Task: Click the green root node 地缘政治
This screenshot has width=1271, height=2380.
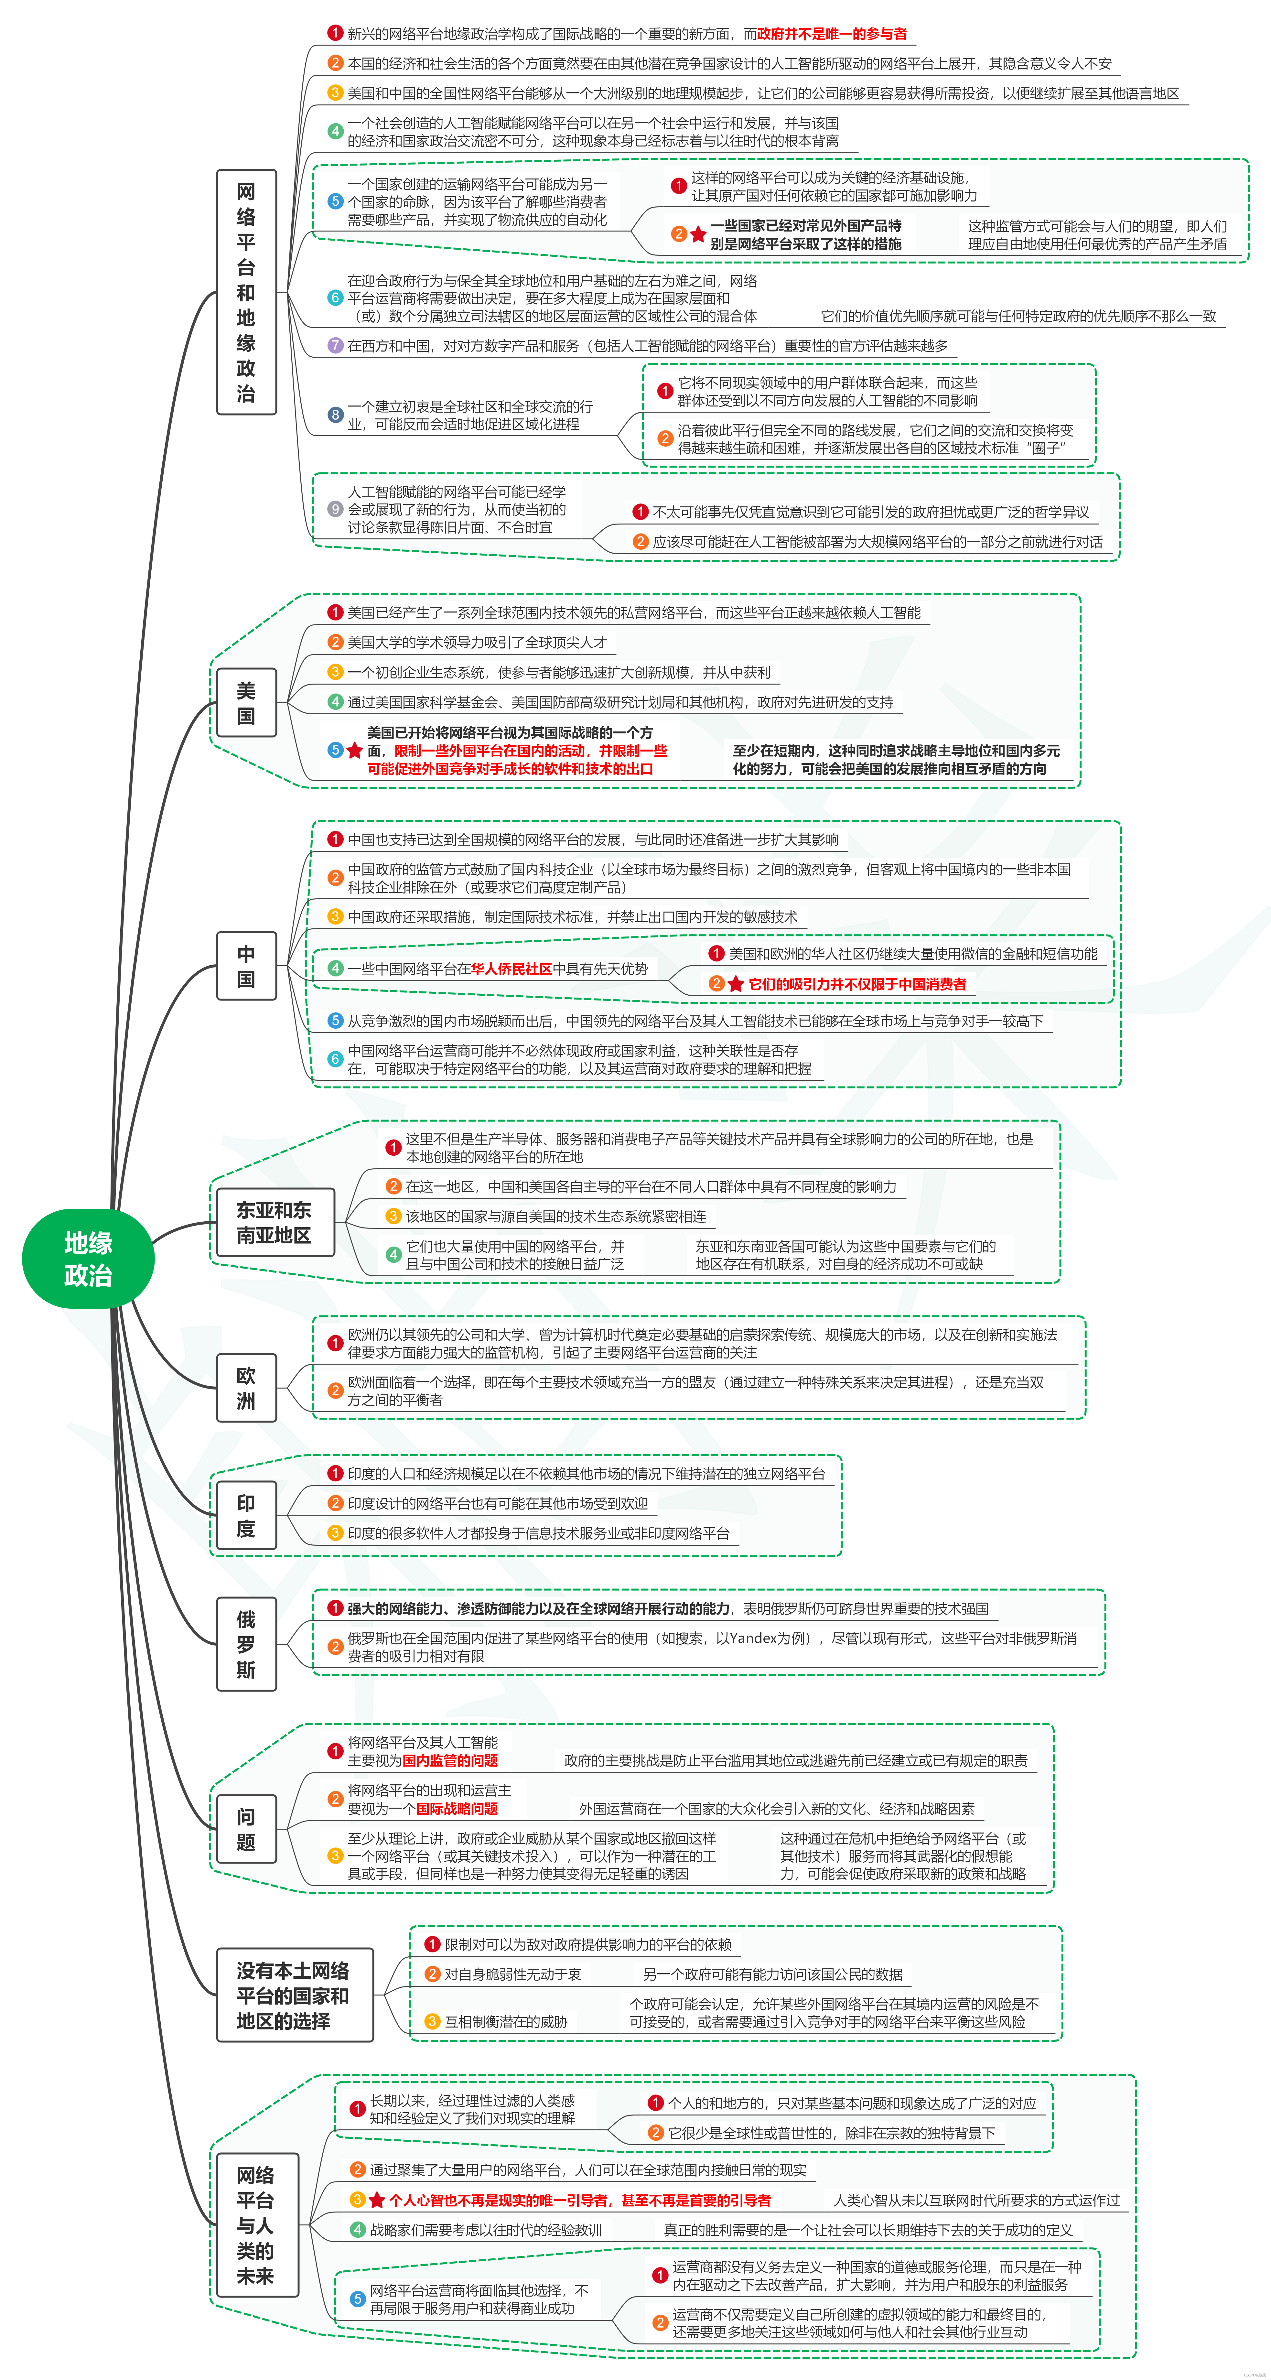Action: tap(88, 1258)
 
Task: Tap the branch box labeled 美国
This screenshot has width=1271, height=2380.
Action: tap(246, 702)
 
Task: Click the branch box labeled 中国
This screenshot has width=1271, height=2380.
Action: tap(246, 966)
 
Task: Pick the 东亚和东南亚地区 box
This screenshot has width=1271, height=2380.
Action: tap(274, 1222)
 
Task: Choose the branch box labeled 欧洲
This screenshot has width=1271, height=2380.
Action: tap(246, 1388)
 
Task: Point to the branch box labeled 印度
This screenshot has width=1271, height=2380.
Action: tap(246, 1515)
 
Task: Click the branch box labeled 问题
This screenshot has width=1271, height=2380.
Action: tap(246, 1829)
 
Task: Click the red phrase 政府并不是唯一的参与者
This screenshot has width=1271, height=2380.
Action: tap(831, 34)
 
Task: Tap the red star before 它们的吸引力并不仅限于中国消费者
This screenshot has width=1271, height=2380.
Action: tap(735, 984)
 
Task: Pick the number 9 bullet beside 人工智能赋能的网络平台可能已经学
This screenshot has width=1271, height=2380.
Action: tap(335, 509)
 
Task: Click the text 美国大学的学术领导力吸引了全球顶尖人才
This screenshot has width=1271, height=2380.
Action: tap(477, 642)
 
